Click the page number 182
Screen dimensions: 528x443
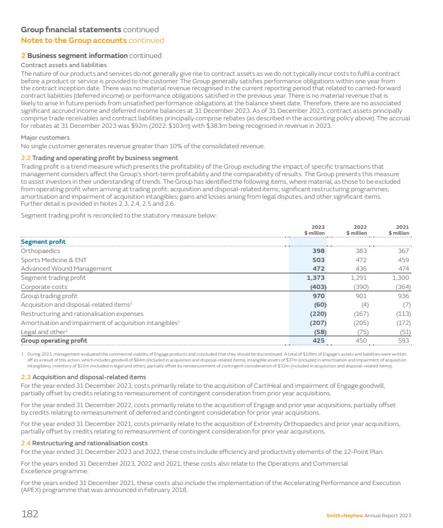pyautogui.click(x=29, y=515)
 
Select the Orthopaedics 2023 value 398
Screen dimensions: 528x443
pyautogui.click(x=318, y=251)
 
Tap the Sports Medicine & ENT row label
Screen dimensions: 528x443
pyautogui.click(x=53, y=260)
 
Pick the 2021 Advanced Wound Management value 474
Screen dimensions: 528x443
pyautogui.click(x=403, y=269)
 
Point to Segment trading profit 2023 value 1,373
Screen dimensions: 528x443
pyautogui.click(x=316, y=278)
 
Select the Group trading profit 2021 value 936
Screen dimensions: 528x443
pyautogui.click(x=403, y=295)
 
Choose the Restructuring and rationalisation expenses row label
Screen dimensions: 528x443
pyautogui.click(x=74, y=314)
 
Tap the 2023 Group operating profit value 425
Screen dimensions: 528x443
pyautogui.click(x=318, y=341)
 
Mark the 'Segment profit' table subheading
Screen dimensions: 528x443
pyautogui.click(x=43, y=242)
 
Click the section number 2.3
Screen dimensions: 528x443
pyautogui.click(x=25, y=377)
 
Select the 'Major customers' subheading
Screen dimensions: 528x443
pyautogui.click(x=45, y=138)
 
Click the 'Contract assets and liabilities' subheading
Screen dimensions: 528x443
pyautogui.click(x=63, y=65)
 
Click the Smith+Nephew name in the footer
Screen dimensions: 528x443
pyautogui.click(x=344, y=515)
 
